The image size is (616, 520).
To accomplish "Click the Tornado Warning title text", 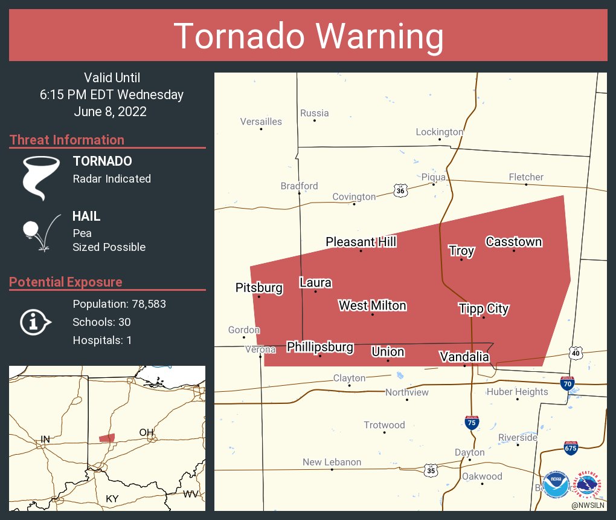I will [308, 36].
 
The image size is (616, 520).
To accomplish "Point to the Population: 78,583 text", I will [119, 304].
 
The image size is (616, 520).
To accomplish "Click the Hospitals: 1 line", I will [102, 340].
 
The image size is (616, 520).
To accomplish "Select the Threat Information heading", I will [67, 140].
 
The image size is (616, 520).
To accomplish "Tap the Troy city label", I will [461, 250].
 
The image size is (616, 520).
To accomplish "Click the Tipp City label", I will [483, 308].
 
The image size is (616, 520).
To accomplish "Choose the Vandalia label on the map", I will [464, 356].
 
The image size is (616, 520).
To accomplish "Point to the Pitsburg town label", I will [259, 287].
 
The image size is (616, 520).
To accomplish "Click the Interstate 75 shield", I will [472, 422].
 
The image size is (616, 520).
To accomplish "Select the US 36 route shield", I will [400, 190].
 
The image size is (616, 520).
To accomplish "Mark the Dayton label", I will [470, 452].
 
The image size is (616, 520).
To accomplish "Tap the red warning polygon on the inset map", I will [107, 438].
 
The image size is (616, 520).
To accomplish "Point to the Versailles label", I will [261, 122].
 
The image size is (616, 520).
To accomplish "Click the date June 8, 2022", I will [111, 112].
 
